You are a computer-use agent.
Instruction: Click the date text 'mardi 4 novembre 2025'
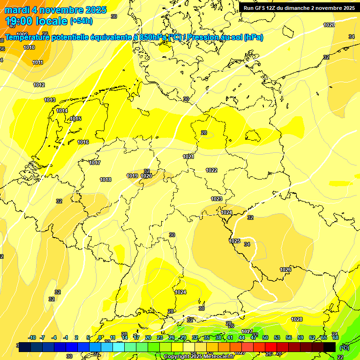pos(56,10)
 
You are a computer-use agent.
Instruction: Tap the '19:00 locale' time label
pos(37,21)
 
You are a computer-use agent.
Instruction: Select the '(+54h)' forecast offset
pos(81,21)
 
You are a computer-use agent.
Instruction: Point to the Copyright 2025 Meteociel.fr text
pos(199,357)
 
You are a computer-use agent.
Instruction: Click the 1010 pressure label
pos(29,47)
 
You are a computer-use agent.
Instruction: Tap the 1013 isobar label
pos(50,100)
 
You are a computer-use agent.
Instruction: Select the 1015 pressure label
pos(76,119)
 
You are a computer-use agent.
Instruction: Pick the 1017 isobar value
pos(95,163)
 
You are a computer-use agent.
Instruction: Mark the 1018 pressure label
pos(105,180)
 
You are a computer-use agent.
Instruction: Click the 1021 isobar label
pos(188,157)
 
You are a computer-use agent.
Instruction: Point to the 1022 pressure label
pos(211,170)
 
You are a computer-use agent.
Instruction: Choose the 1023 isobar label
pos(217,199)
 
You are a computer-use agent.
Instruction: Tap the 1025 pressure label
pos(234,241)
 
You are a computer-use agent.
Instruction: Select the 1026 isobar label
pos(285,270)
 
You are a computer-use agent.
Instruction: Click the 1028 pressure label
pos(297,319)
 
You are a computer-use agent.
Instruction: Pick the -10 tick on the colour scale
pos(32,337)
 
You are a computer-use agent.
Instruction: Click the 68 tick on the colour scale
pos(336,337)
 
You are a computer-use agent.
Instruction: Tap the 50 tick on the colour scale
pos(265,337)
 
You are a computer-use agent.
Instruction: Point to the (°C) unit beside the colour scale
pos(345,348)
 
